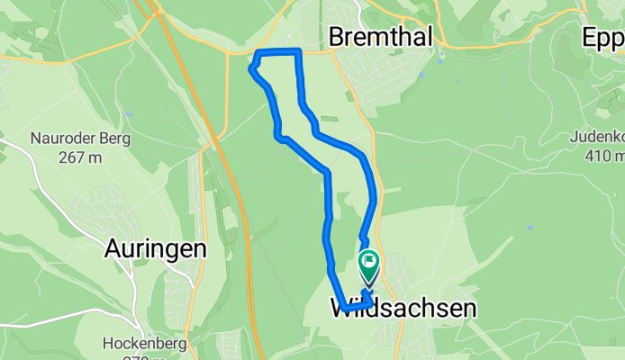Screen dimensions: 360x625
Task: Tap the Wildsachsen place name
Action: point(403,309)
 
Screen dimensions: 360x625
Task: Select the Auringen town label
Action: point(156,247)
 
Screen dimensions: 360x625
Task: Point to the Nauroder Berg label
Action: point(81,139)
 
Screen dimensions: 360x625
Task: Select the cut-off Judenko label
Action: point(597,138)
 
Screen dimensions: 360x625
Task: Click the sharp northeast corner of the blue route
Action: point(298,51)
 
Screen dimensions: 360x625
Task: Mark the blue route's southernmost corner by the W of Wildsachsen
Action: point(345,310)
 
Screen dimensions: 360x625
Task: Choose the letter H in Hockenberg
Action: point(82,342)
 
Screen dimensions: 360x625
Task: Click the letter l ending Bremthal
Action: point(429,37)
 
